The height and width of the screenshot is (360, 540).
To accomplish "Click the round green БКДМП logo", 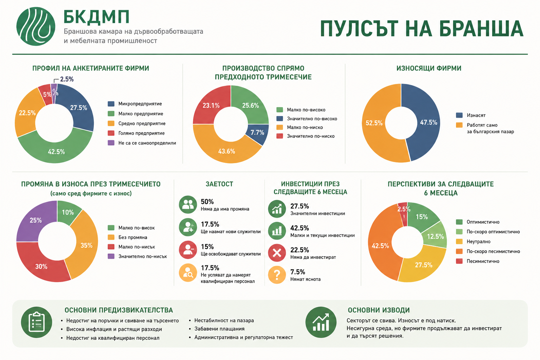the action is pos(36,26).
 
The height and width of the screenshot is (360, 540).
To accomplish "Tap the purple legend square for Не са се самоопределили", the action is pos(111,143).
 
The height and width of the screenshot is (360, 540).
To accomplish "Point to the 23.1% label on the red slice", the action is pos(211,105).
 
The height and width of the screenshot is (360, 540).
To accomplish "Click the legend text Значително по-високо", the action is pos(312,118).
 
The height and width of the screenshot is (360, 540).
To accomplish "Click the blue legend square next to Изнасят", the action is pos(459,115).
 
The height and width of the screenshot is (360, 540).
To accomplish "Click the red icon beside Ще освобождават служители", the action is pos(188,250).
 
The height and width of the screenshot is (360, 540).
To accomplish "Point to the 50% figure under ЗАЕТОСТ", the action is pos(207,201).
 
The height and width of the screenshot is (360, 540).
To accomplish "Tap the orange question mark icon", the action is pos(277,275).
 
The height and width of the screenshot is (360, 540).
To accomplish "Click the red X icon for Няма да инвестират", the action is pos(277,253).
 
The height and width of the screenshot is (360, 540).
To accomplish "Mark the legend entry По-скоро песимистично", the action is pos(493,251).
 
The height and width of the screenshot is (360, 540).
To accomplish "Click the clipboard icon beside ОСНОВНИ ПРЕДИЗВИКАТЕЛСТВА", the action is pos(37,322).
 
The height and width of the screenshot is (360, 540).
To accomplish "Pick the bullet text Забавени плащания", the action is pos(219,329).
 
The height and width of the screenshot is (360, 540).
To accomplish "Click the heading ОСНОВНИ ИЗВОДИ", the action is pos(379,310).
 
